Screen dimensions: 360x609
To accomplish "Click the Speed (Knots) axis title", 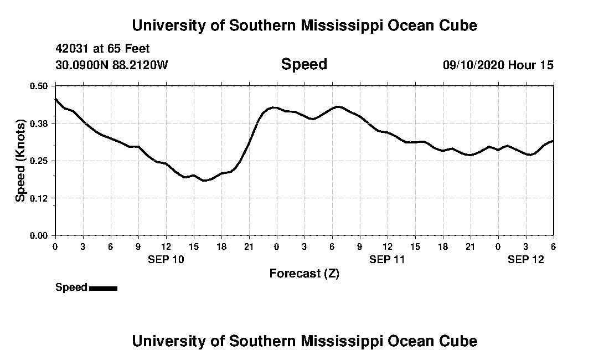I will [x=20, y=161].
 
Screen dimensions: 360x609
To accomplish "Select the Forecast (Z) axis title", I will [x=304, y=274].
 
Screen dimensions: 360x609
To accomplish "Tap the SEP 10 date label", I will [x=166, y=259].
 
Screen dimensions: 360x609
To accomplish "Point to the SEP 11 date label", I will [x=388, y=259].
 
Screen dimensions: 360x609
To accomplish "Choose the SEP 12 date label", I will [x=526, y=259].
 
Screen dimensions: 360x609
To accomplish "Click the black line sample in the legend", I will [x=103, y=288].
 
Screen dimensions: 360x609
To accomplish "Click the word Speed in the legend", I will [x=71, y=287].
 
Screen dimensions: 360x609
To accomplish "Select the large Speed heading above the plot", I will [x=304, y=64].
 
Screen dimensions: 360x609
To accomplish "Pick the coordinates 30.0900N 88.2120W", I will [x=111, y=65].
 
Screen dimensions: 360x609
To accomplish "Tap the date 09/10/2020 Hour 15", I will [x=498, y=65].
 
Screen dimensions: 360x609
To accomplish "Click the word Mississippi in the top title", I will [x=332, y=25].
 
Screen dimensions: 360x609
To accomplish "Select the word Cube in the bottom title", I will [x=459, y=341].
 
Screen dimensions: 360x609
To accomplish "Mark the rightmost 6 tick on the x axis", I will [x=554, y=246].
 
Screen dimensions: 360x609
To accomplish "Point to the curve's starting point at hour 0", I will [x=55, y=99].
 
